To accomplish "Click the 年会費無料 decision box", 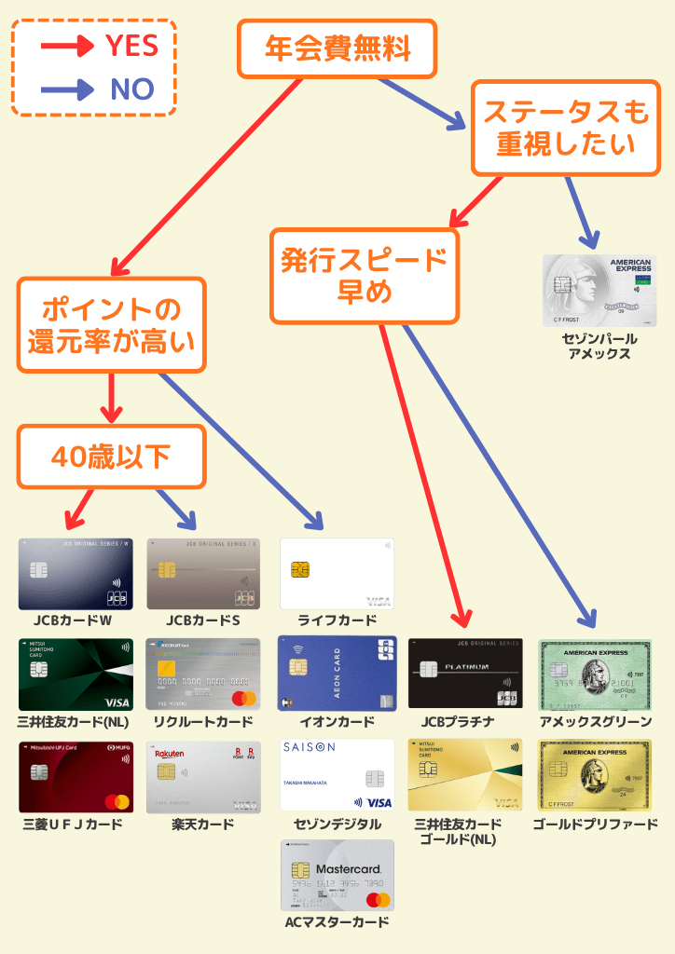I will coord(337,48).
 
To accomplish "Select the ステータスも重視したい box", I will coord(565,129).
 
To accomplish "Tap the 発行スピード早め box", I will coord(365,276).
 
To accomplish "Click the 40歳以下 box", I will coord(111,457).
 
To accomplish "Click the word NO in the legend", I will coord(131,89).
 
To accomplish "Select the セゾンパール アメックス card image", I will coord(599,291).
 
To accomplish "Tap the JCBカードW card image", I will coord(76,574).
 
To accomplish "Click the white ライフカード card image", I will coord(337,574).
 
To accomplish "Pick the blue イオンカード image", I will coord(337,674).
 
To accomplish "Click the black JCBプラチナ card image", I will coord(465,674).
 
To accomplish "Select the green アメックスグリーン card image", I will coord(596,674).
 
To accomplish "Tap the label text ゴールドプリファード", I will coord(595,825).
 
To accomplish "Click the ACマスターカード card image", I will coord(337,875).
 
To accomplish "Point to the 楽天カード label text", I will coord(202,825).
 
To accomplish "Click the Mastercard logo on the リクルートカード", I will coord(243,699).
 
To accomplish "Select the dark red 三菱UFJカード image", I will coord(76,776).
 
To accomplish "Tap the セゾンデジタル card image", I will coord(337,776).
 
